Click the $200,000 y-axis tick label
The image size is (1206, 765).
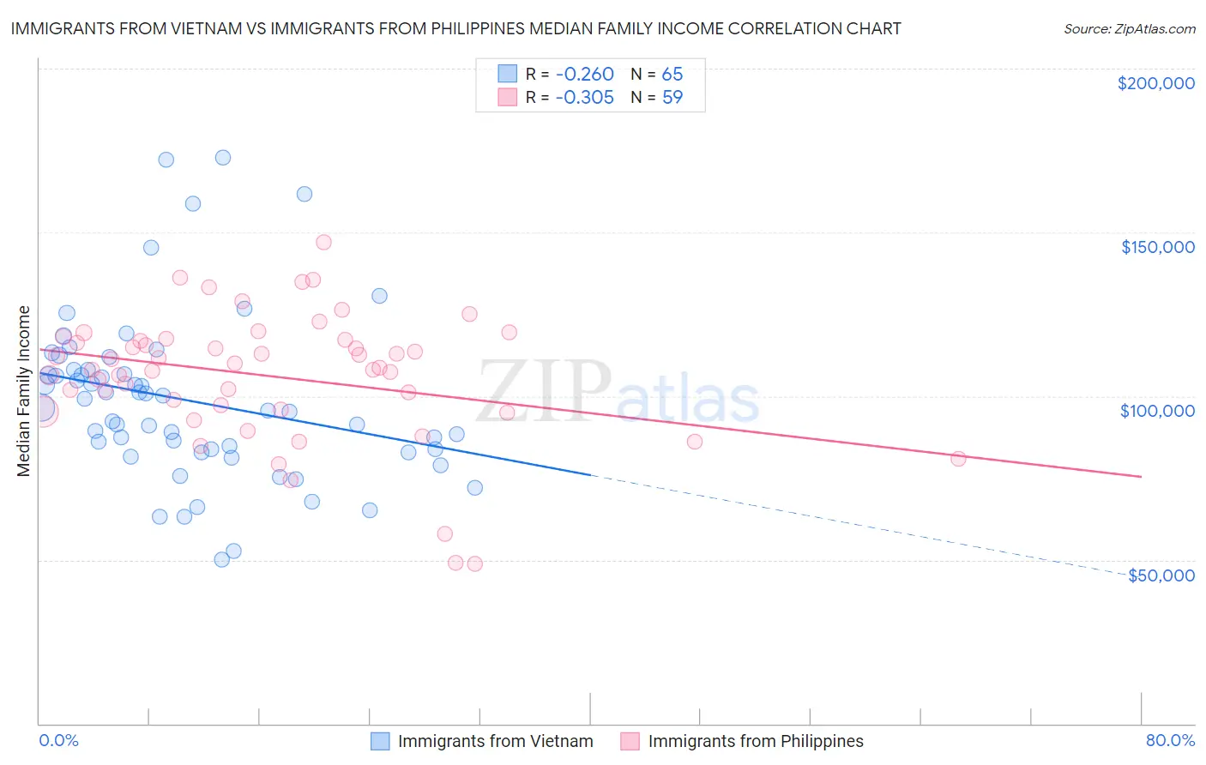click(x=1155, y=83)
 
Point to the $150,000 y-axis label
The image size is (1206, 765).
click(x=1157, y=247)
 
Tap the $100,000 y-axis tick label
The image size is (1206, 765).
click(x=1157, y=411)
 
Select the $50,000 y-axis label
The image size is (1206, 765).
click(x=1161, y=575)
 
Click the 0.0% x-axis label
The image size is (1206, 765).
click(x=58, y=740)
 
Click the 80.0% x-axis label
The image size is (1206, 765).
click(x=1170, y=740)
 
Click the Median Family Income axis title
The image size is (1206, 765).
click(x=24, y=391)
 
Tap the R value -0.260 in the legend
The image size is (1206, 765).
click(x=584, y=75)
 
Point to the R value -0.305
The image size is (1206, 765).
click(x=584, y=98)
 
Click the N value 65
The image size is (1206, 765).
click(x=672, y=75)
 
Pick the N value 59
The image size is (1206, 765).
click(x=672, y=98)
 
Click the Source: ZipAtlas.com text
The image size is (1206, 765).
click(x=1129, y=29)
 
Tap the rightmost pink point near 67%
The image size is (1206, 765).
click(x=958, y=459)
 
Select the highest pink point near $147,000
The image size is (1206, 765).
click(x=323, y=242)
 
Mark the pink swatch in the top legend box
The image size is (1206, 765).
click(x=508, y=98)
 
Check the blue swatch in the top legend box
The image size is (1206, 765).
click(x=508, y=75)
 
